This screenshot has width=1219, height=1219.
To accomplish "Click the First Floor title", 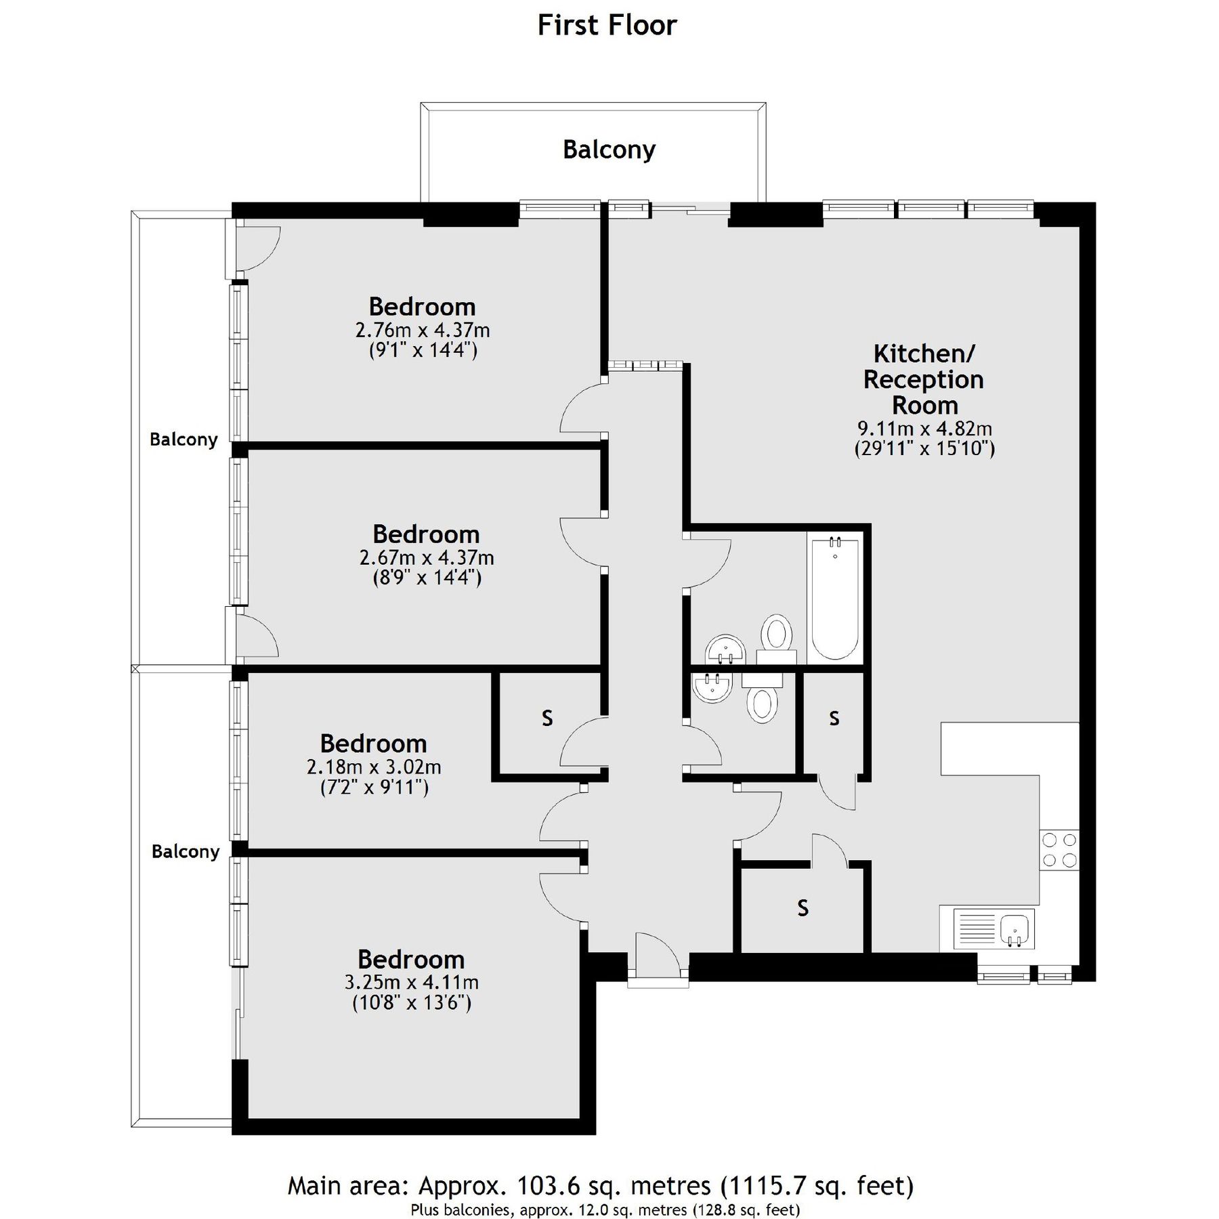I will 607,26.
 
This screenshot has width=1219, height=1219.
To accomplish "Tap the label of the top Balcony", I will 609,150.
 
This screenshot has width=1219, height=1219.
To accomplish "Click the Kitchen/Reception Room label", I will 924,379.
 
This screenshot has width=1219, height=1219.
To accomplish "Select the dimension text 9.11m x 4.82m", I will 924,429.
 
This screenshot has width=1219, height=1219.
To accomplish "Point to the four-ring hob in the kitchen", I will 1059,850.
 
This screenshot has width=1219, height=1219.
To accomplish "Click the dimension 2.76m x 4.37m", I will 423,330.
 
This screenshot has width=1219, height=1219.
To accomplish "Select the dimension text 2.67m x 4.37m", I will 427,558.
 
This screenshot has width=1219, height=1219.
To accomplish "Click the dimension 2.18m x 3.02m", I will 374,767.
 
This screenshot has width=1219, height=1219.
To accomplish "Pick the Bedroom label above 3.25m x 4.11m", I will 411,960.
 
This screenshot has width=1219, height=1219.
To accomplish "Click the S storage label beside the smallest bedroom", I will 547,718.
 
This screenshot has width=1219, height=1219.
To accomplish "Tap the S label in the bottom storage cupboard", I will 803,907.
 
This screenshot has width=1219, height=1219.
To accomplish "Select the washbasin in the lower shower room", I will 711,688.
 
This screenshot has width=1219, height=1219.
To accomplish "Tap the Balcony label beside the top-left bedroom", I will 184,440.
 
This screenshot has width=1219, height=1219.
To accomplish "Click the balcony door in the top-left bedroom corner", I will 254,248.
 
